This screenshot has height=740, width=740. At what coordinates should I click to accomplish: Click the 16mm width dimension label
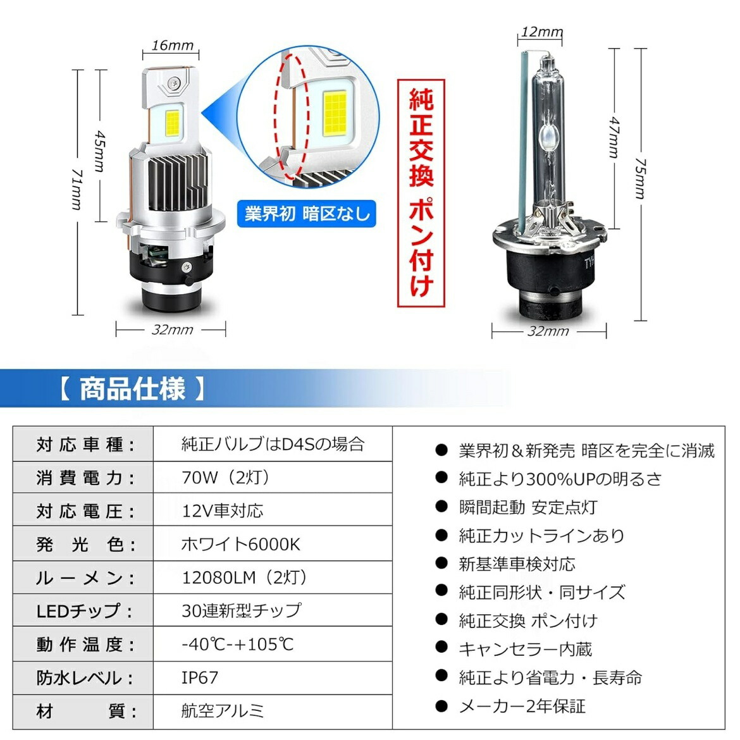tap(172, 46)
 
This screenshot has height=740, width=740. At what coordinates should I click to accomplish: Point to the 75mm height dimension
tap(640, 178)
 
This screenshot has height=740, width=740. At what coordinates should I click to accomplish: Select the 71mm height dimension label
tap(77, 190)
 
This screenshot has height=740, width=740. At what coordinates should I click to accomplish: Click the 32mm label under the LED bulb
tap(172, 330)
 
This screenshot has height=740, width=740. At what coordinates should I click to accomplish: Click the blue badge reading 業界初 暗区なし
tap(307, 214)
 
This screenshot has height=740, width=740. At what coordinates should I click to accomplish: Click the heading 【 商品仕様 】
tap(132, 388)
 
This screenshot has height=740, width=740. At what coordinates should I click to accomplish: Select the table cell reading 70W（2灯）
tap(226, 478)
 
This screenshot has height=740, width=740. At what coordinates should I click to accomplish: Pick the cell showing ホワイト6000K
tap(240, 545)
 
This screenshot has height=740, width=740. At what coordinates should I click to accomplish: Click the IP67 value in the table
tap(200, 678)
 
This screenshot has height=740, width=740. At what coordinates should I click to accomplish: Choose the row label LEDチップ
tap(86, 612)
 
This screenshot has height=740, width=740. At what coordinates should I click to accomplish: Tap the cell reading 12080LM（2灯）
tap(245, 578)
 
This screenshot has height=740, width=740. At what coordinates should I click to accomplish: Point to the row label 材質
tap(86, 712)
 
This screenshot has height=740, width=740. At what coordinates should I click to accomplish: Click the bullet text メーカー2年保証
tap(522, 706)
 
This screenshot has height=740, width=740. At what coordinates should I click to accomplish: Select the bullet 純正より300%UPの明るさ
tap(560, 479)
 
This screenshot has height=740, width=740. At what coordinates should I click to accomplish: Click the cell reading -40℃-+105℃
tap(238, 644)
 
